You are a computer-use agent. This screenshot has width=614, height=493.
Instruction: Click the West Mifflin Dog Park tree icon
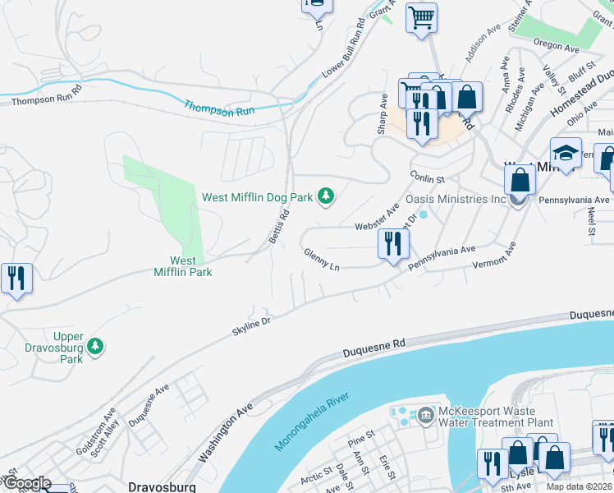[x=327, y=196]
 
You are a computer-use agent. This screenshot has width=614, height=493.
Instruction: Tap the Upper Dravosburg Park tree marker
[x=96, y=345]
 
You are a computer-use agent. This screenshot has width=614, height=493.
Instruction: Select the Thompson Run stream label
[x=219, y=108]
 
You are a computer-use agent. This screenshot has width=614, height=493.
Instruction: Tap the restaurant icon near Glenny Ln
[x=393, y=243]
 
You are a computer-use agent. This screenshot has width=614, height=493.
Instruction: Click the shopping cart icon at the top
[x=421, y=17]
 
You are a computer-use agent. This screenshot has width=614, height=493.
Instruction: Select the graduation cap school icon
[x=566, y=153]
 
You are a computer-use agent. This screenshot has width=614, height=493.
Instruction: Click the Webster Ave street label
[x=376, y=220]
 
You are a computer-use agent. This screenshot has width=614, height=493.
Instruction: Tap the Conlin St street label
[x=427, y=178]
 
